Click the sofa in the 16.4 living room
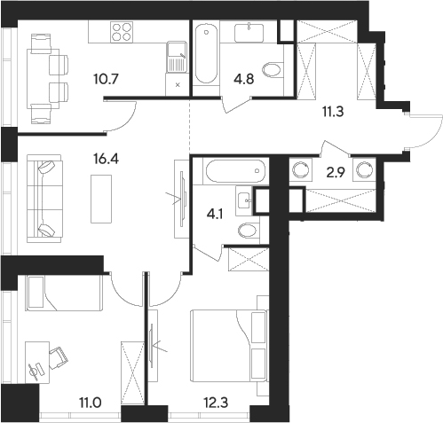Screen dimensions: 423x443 point(43,198)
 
